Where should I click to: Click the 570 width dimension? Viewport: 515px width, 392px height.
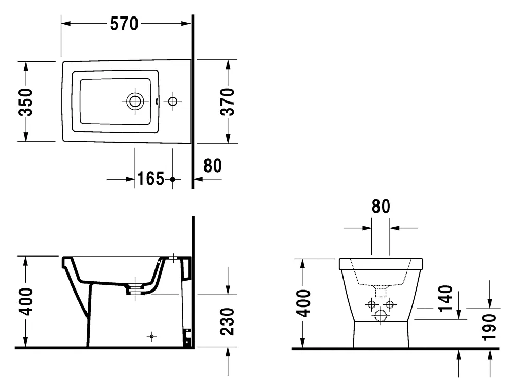click(124, 24)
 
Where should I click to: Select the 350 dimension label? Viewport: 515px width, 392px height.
click(25, 102)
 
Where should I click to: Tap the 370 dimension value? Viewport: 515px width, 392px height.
click(227, 101)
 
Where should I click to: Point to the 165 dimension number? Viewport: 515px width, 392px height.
click(150, 179)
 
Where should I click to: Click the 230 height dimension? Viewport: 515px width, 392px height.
click(227, 321)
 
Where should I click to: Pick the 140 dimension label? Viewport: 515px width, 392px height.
click(445, 299)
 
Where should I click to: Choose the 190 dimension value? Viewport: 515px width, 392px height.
click(489, 327)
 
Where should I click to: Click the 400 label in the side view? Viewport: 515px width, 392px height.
click(25, 301)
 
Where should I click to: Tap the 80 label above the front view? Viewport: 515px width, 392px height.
click(381, 207)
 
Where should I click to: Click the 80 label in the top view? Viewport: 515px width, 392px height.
click(213, 165)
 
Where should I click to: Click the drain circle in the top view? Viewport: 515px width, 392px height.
click(135, 101)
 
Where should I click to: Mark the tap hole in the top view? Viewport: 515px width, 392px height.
click(173, 101)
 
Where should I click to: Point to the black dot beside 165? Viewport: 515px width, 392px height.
click(173, 179)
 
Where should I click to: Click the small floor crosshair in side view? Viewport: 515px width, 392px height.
click(152, 336)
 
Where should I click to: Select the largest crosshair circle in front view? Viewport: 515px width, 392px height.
click(381, 316)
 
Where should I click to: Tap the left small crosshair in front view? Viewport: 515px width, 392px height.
click(372, 304)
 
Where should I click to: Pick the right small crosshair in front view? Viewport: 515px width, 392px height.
click(389, 304)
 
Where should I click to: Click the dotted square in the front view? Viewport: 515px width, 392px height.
click(381, 292)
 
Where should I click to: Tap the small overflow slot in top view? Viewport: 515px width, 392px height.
click(157, 101)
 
